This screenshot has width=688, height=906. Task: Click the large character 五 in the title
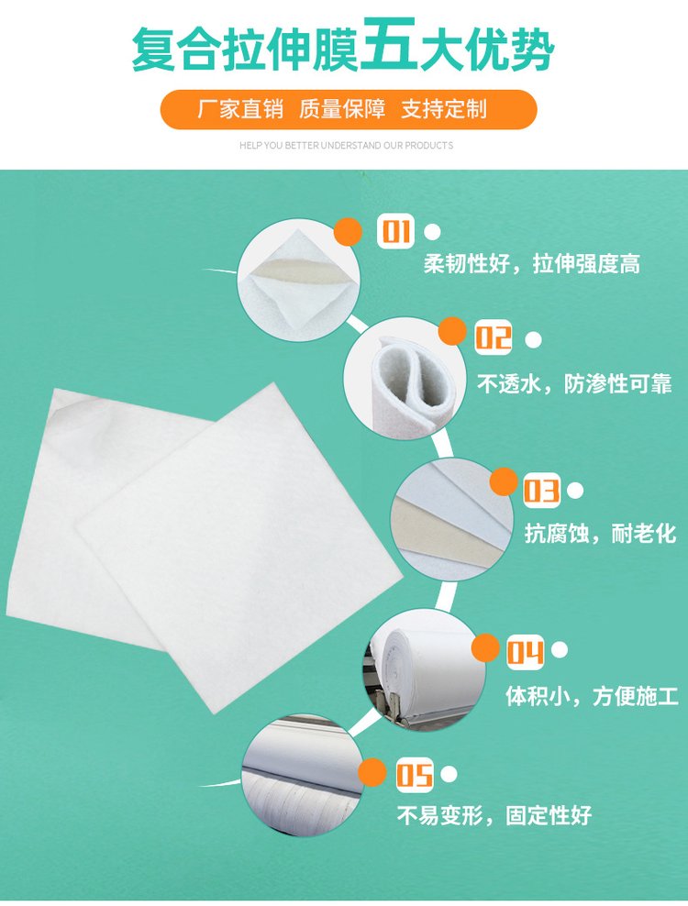(390, 45)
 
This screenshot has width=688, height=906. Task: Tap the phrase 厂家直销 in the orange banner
(240, 108)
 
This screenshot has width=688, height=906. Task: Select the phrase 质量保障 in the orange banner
(342, 108)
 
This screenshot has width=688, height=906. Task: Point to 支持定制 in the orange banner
(444, 108)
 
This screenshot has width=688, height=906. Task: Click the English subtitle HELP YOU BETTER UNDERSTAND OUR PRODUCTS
(347, 146)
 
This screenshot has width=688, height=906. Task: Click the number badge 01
(396, 231)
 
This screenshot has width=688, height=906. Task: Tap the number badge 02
(494, 337)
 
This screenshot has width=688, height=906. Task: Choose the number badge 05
(415, 775)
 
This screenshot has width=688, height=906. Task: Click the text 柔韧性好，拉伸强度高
(532, 264)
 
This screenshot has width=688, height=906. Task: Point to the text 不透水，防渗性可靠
(574, 383)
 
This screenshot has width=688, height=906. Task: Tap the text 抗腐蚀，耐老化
(600, 533)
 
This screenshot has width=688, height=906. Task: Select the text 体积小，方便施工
(592, 696)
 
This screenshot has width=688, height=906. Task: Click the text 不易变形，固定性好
(494, 815)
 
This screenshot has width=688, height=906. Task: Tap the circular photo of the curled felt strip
(405, 378)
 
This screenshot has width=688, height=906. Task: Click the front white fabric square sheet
(239, 547)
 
